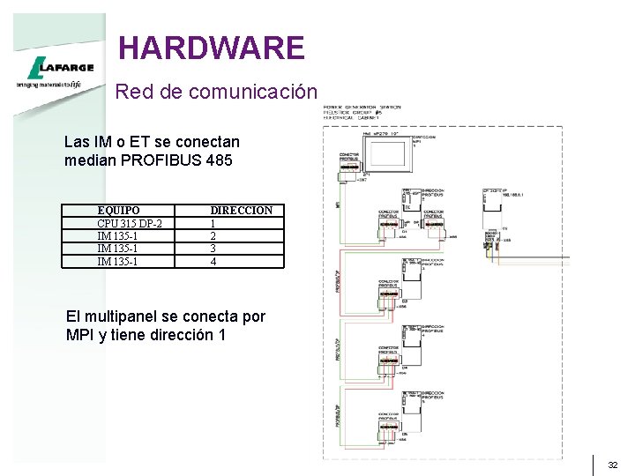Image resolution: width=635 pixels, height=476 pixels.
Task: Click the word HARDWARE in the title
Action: coord(211,47)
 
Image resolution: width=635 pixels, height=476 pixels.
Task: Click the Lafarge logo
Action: coord(50,67)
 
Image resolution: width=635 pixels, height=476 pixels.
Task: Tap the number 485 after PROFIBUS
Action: coord(220,160)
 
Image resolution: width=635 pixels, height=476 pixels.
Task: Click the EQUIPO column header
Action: coord(118,211)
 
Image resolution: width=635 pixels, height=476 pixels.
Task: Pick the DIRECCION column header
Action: coord(241,211)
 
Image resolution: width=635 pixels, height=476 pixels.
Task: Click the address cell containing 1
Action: coord(213,224)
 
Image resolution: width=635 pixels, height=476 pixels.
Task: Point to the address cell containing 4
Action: coord(213,261)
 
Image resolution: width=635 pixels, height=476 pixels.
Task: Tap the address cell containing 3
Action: coord(213,249)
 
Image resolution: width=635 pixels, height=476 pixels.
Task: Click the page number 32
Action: coord(613,465)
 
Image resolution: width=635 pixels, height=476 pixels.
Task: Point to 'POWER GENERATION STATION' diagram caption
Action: coord(362,107)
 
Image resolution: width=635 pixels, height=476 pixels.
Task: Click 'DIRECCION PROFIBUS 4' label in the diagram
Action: coord(434,331)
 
